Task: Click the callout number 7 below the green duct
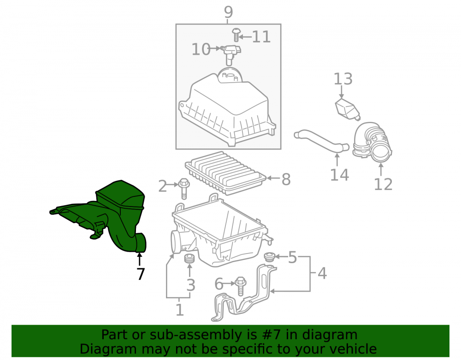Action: tap(141, 274)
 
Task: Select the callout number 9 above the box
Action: tap(229, 12)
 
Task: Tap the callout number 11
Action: tap(261, 37)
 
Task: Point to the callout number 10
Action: tap(201, 49)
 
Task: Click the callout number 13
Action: tap(343, 79)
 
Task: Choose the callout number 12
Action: tap(383, 184)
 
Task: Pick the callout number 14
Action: tap(340, 175)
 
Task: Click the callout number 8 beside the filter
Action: tap(286, 179)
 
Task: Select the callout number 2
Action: tap(163, 186)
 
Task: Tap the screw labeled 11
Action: tap(236, 35)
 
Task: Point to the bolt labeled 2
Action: tap(184, 189)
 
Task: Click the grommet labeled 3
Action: tap(189, 259)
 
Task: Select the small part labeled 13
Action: tap(348, 110)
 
